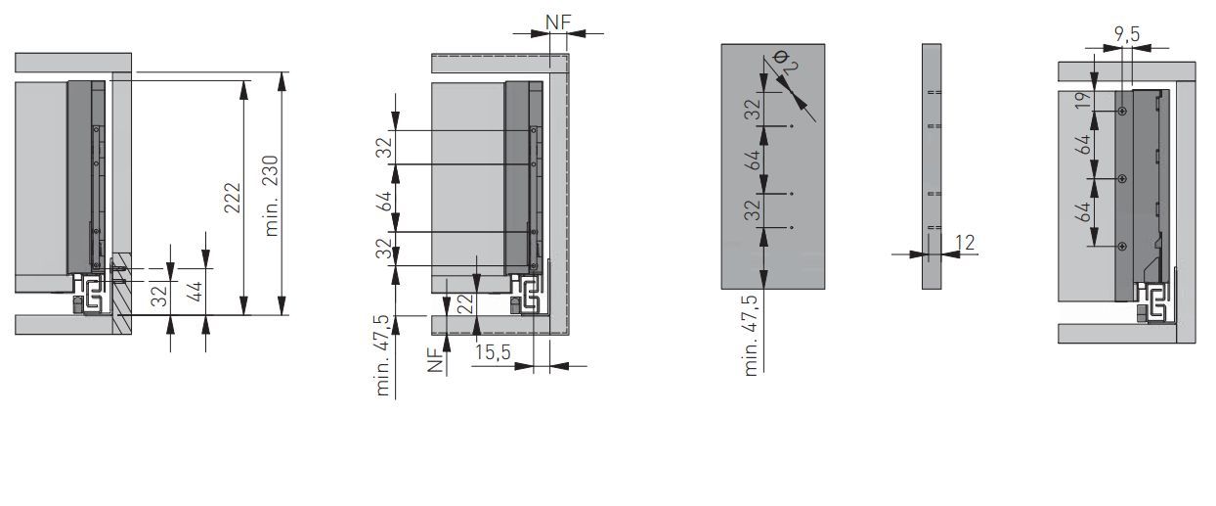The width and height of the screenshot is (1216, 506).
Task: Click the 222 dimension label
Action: point(233,199)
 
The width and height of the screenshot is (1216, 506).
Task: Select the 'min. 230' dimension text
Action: point(271,196)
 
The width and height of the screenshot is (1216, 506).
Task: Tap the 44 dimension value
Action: point(195,292)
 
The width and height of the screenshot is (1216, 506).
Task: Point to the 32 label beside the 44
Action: point(160,296)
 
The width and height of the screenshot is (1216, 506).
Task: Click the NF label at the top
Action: point(558,23)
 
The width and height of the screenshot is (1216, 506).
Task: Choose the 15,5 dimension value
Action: point(493,352)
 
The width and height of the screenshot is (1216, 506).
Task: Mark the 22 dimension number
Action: point(465,304)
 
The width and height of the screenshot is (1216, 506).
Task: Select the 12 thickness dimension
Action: point(965,243)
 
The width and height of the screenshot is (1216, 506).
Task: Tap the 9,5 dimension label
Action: point(1127,35)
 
